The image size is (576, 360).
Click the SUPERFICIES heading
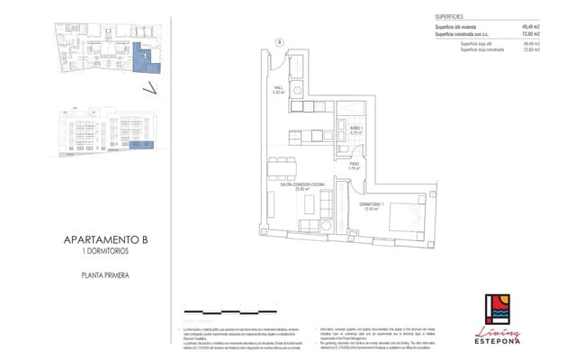point(450,17)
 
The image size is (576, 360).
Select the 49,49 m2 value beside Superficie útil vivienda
point(530,27)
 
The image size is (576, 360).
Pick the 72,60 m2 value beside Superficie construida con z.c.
point(530,34)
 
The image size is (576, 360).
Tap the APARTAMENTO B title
point(106,239)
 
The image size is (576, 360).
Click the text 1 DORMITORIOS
point(106,251)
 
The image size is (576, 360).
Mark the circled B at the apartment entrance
point(279,42)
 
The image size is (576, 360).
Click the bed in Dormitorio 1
point(408,217)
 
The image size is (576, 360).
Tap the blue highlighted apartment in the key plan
point(142,58)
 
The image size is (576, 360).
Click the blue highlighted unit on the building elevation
point(140,143)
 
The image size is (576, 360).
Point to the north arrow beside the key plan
point(151,88)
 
